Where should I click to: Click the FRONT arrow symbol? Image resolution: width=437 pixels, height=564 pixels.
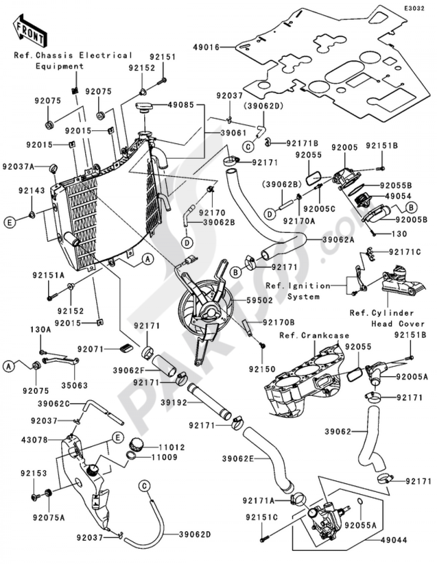tap(30, 31)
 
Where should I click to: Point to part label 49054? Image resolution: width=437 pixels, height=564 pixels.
tap(398, 196)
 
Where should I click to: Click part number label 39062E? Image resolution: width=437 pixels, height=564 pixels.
tap(237, 458)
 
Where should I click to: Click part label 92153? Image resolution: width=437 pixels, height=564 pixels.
tap(33, 473)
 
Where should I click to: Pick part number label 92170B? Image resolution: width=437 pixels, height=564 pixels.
tap(279, 322)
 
